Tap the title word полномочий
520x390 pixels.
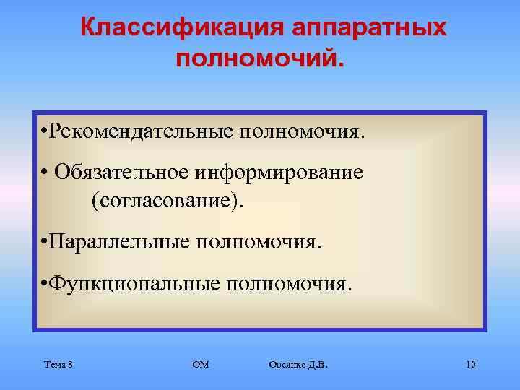tap(261, 57)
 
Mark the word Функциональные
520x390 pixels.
tap(134, 284)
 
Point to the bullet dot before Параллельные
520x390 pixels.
tap(45, 240)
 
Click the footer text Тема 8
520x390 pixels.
tap(57, 365)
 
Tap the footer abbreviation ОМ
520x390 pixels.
tap(200, 365)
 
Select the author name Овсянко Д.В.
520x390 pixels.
tap(297, 365)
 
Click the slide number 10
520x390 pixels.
tap(470, 365)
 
